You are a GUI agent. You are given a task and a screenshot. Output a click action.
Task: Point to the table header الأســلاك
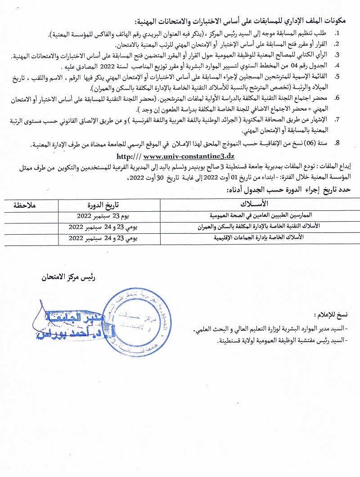[257, 202]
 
